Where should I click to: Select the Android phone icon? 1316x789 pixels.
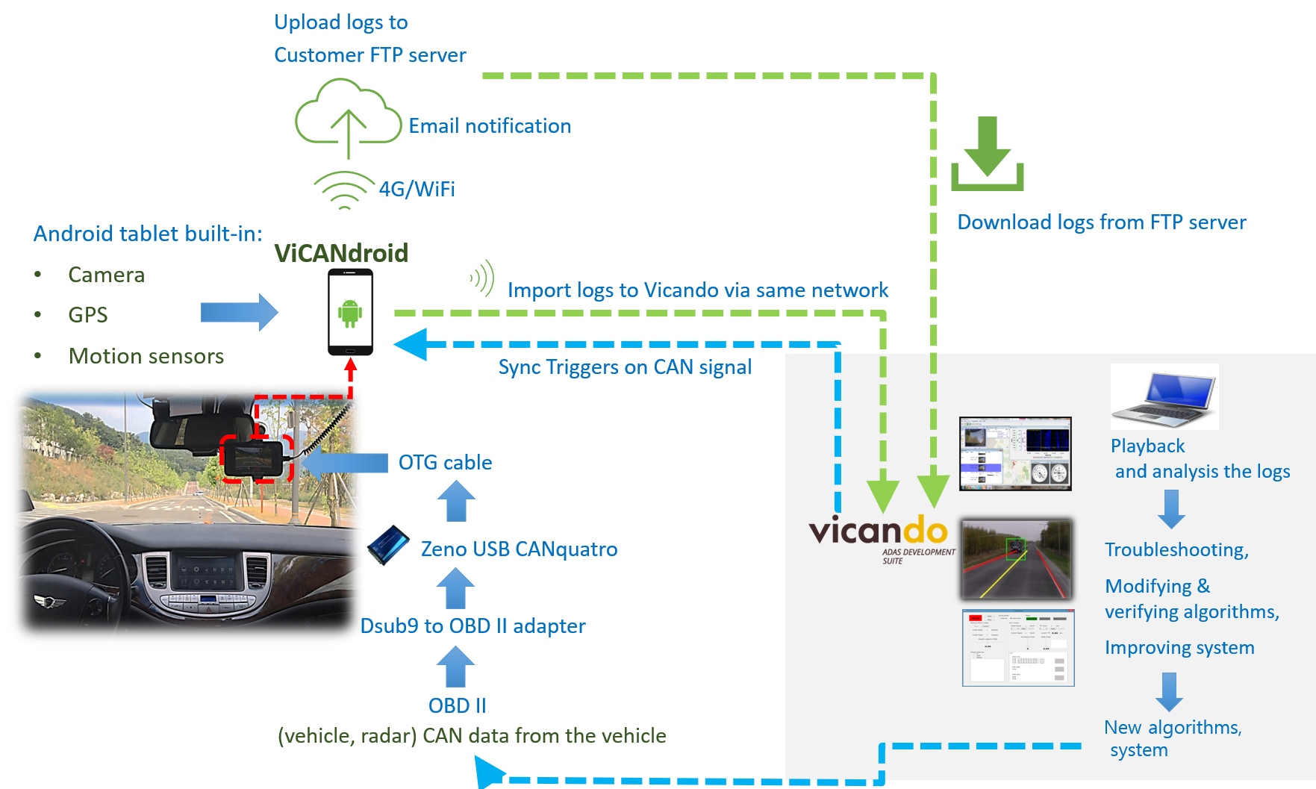(x=350, y=312)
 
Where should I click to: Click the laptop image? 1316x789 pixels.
(x=1164, y=396)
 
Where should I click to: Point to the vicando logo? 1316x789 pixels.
(x=879, y=531)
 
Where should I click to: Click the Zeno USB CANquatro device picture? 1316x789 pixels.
(x=387, y=544)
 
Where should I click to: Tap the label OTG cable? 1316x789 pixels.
(x=445, y=463)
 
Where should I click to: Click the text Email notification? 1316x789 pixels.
(x=490, y=126)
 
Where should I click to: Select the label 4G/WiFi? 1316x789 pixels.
(x=417, y=190)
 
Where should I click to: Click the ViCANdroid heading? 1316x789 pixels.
(x=341, y=253)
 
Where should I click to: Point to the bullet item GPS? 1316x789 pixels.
(x=88, y=315)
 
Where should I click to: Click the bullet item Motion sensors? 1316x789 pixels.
(x=146, y=356)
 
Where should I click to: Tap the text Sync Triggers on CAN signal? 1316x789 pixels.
(x=625, y=367)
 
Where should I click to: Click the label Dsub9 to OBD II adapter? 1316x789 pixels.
(x=473, y=626)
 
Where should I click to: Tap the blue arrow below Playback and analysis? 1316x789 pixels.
(x=1171, y=510)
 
